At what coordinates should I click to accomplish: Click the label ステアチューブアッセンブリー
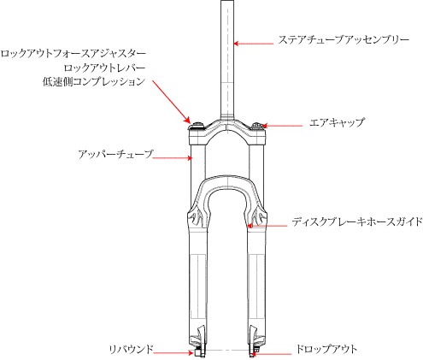pyautogui.click(x=344, y=39)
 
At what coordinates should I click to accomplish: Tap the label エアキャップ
pyautogui.click(x=337, y=123)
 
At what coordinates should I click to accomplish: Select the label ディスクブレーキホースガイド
pyautogui.click(x=357, y=221)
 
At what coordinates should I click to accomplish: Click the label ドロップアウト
pyautogui.click(x=326, y=349)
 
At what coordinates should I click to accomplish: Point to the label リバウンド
pyautogui.click(x=131, y=349)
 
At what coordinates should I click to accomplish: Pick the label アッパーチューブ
pyautogui.click(x=115, y=154)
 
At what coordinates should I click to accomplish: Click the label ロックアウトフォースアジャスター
pyautogui.click(x=73, y=54)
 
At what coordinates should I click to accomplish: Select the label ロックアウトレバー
pyautogui.click(x=104, y=68)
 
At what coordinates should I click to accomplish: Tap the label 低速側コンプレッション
pyautogui.click(x=94, y=82)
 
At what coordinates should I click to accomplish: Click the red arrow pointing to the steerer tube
pyautogui.click(x=253, y=44)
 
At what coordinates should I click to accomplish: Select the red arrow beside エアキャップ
pyautogui.click(x=282, y=126)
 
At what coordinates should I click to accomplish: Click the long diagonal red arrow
pyautogui.click(x=171, y=102)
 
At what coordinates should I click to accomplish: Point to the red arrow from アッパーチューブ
pyautogui.click(x=173, y=157)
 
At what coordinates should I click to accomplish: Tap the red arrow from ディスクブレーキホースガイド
pyautogui.click(x=267, y=226)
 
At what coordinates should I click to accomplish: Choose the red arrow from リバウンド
pyautogui.click(x=173, y=353)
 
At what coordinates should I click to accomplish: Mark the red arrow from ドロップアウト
pyautogui.click(x=271, y=354)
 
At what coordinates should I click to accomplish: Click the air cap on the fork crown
pyautogui.click(x=258, y=127)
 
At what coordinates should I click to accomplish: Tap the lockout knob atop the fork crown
pyautogui.click(x=197, y=127)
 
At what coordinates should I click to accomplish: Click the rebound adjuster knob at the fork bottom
pyautogui.click(x=198, y=353)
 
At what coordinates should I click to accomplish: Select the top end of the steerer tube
pyautogui.click(x=227, y=1)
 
